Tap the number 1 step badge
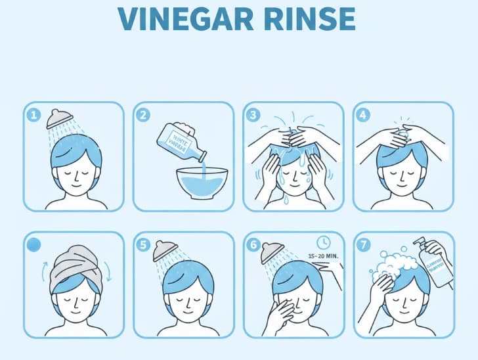click(34, 115)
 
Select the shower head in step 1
click(60, 118)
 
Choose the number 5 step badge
click(144, 244)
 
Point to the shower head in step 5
click(167, 250)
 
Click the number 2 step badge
click(144, 115)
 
